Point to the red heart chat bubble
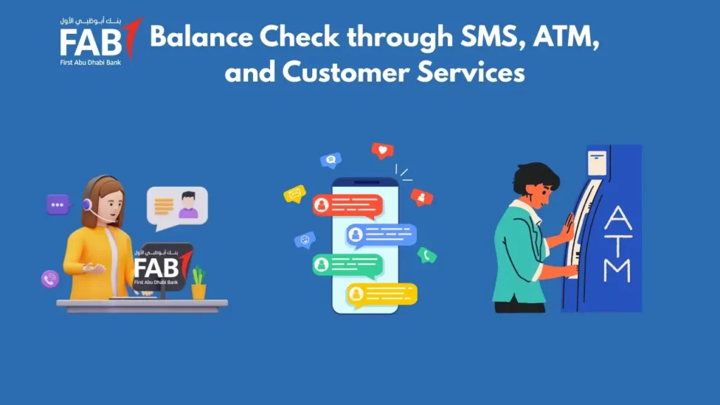[x=382, y=150]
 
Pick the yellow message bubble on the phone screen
[x=382, y=294]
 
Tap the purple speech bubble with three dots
[x=58, y=205]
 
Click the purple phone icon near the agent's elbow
[x=50, y=278]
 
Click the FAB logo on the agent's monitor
[x=161, y=266]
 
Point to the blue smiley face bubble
[x=304, y=240]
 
